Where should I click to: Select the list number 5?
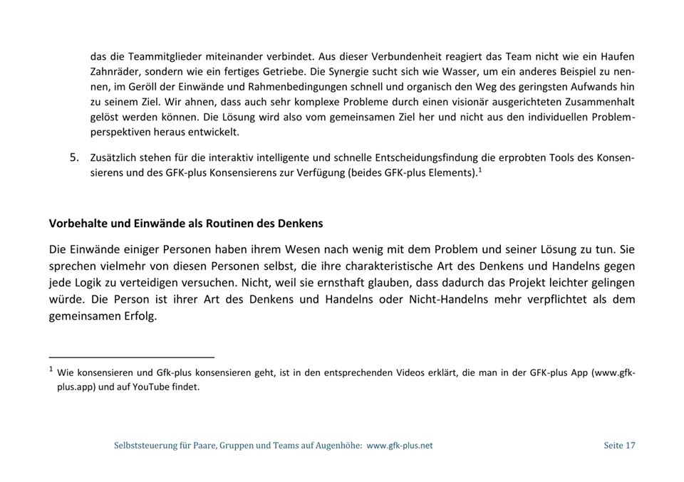[73, 157]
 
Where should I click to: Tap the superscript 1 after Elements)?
[481, 169]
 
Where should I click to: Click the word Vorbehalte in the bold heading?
[77, 224]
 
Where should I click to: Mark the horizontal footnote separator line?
[132, 357]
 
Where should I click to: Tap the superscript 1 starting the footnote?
[51, 370]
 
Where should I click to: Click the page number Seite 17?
[618, 446]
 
